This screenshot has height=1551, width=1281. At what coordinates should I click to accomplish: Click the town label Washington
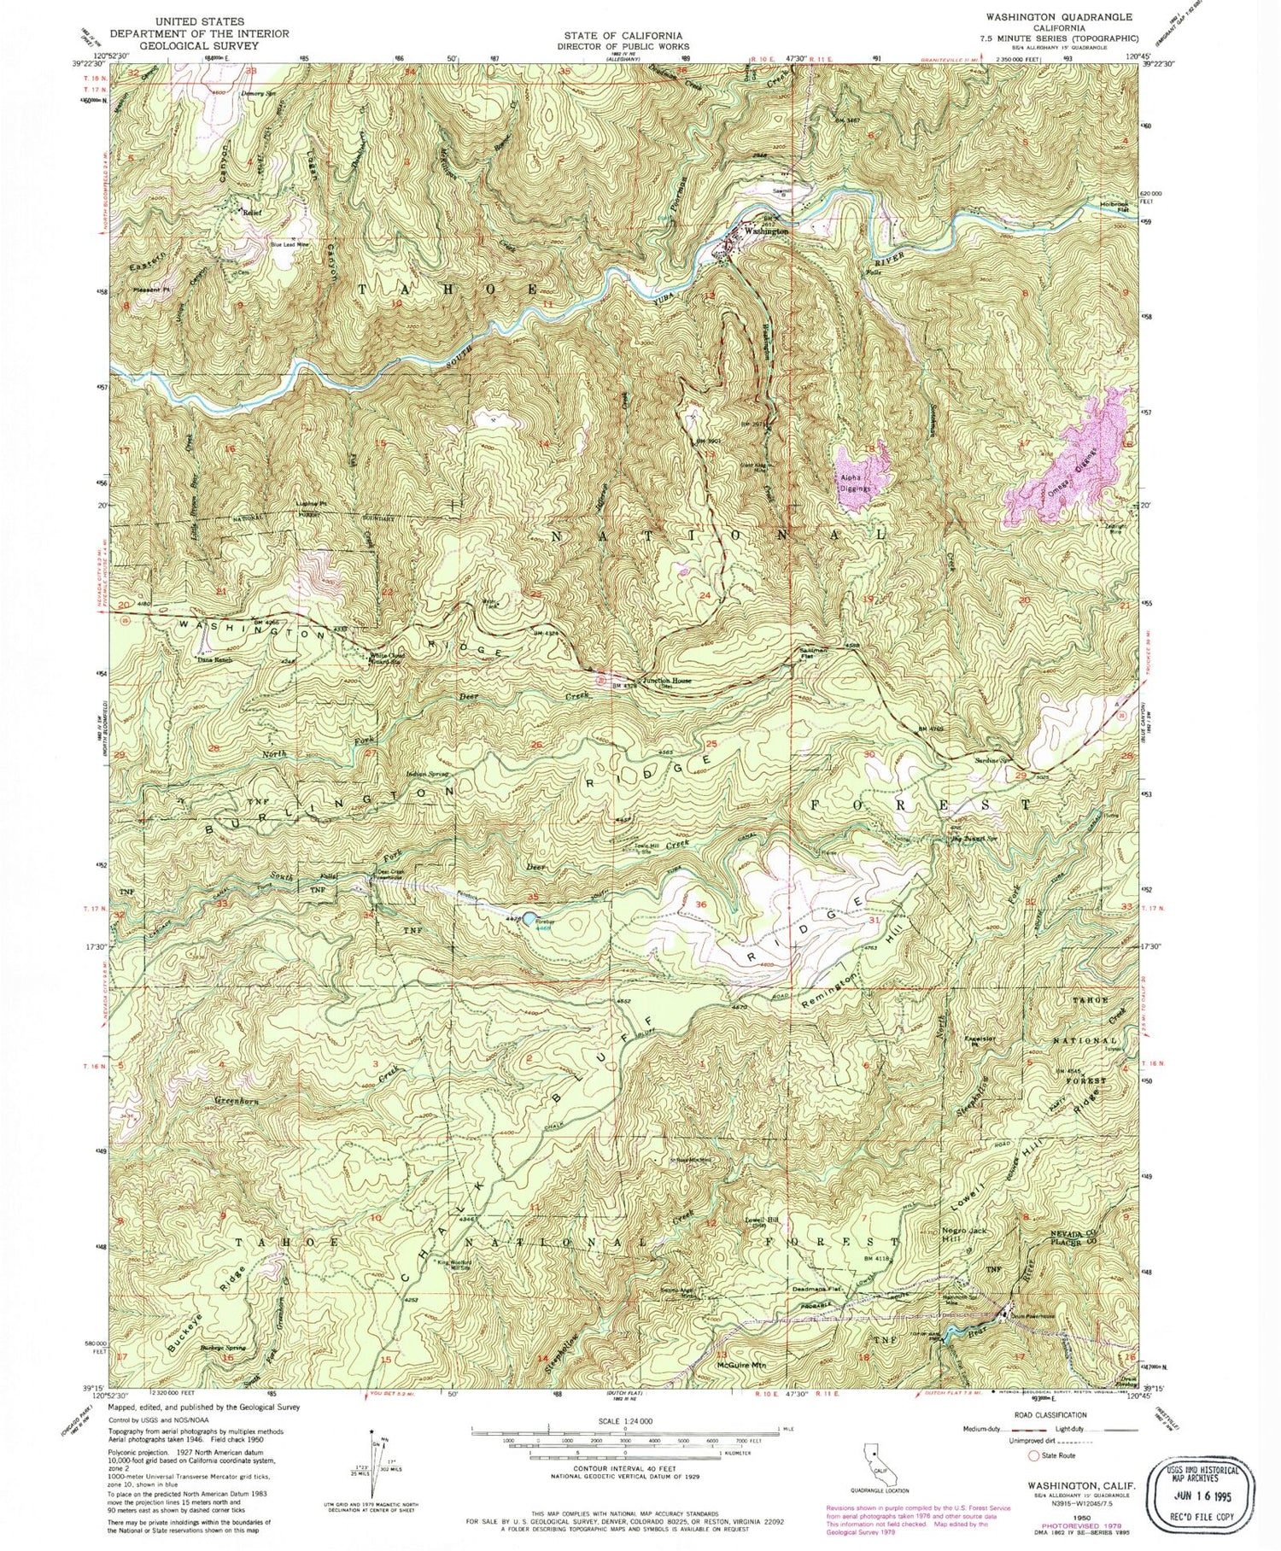[x=765, y=231]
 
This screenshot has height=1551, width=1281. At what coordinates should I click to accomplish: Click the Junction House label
[x=667, y=681]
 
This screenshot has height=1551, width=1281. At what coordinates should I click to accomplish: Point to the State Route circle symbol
[x=1036, y=1456]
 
